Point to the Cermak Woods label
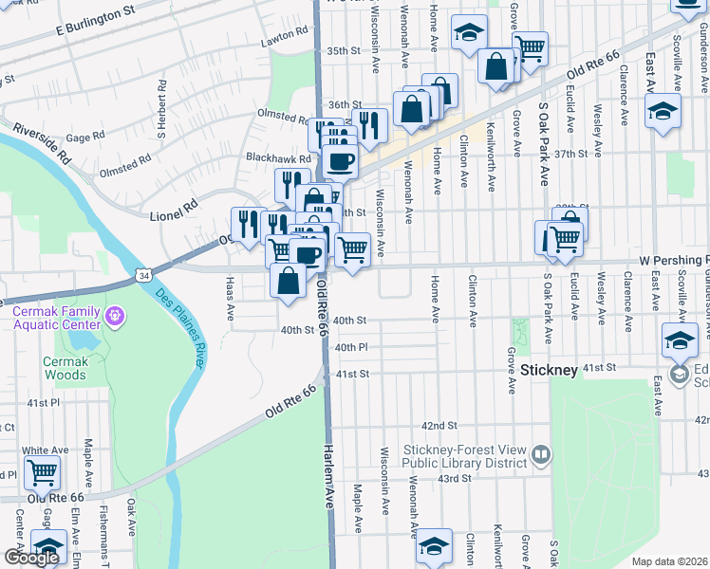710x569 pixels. click(x=65, y=368)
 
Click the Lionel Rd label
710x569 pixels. click(x=173, y=210)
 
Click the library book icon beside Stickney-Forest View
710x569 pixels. click(x=540, y=456)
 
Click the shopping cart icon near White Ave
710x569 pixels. click(x=42, y=470)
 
